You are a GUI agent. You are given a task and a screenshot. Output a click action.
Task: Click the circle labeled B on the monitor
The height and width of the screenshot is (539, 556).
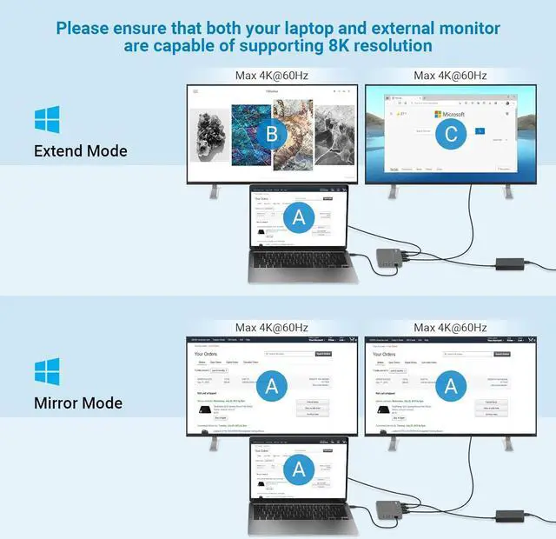pos(272,135)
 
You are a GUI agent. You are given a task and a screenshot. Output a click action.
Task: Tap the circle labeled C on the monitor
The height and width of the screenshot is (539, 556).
pos(450,135)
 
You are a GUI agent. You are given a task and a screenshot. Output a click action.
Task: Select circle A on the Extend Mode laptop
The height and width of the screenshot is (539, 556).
pos(299,218)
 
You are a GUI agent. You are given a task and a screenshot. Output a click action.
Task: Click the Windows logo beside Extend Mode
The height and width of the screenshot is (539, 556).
pos(47,119)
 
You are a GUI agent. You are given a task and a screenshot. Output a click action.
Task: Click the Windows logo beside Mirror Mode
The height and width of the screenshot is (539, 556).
pos(47,371)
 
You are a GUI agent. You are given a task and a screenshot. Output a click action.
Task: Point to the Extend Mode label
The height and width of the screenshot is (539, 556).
pos(81,151)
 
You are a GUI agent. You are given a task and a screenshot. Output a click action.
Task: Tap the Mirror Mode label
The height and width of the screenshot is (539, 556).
pos(78,403)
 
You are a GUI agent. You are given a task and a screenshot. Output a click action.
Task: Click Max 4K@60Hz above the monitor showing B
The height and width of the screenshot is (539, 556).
pos(272,76)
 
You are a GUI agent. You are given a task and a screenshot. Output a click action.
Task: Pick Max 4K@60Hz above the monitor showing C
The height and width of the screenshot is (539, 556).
pos(450,76)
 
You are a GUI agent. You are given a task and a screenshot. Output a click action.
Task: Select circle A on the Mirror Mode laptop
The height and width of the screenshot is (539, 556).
pos(299,470)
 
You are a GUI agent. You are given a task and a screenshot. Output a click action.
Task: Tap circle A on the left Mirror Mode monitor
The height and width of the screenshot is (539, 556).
pos(272,385)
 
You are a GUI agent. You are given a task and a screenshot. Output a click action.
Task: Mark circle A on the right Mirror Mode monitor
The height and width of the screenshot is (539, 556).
pos(450,385)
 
